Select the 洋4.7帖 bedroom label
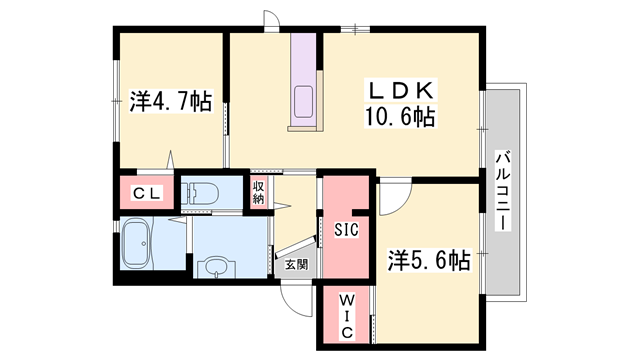[170, 101]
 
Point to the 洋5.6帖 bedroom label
[429, 261]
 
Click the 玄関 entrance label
[296, 265]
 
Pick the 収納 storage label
[259, 191]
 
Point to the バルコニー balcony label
[503, 190]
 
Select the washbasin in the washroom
[214, 266]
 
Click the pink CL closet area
[147, 192]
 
